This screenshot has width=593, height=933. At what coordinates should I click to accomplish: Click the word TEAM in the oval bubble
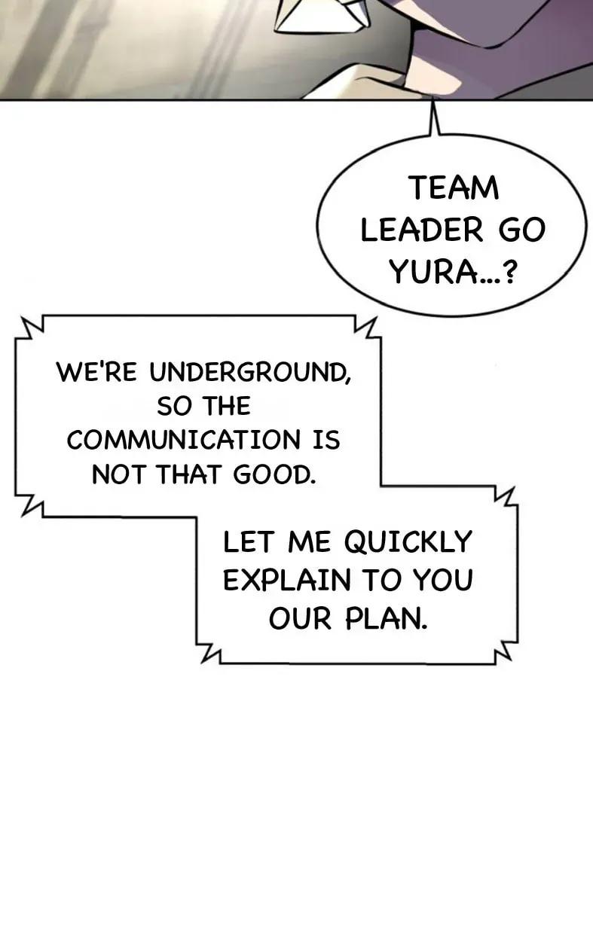tap(454, 188)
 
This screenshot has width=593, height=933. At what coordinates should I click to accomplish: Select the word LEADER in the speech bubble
tap(421, 230)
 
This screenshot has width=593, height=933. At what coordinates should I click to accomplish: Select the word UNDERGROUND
tap(250, 372)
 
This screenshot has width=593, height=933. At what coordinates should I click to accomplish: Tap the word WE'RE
tap(96, 371)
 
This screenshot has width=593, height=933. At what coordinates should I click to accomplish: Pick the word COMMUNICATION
tap(183, 440)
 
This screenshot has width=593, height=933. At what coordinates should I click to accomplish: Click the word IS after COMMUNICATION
tap(326, 440)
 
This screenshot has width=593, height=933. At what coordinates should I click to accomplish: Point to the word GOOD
tap(274, 474)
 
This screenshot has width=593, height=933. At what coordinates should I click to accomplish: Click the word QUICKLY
tap(408, 542)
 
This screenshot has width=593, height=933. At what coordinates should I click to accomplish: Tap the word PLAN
tap(387, 618)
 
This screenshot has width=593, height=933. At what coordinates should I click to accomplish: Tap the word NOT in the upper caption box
tap(119, 474)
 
